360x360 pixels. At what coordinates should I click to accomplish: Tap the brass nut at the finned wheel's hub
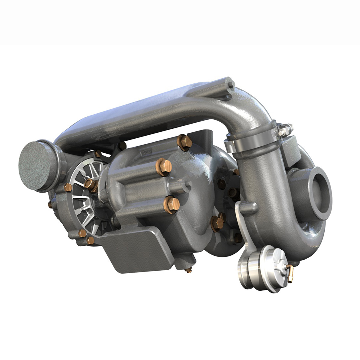90,184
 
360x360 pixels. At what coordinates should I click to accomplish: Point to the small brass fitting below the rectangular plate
188,270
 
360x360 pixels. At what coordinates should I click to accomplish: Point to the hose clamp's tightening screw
285,130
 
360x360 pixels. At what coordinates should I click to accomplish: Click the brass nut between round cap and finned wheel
68,187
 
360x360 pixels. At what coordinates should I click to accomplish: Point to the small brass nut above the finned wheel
98,154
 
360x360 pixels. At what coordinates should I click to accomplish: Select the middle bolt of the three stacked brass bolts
164,167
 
